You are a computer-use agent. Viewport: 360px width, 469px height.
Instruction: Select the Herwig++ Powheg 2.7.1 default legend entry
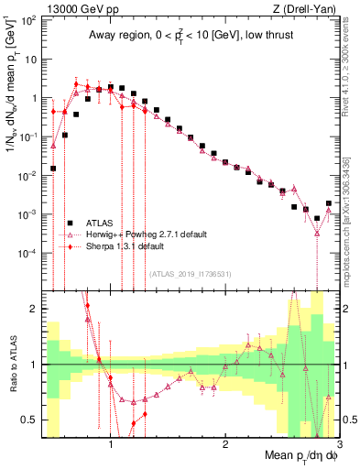click(146, 234)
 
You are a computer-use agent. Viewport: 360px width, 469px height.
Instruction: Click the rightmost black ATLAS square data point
click(328, 203)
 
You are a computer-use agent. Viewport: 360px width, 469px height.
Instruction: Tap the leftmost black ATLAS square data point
click(53, 169)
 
